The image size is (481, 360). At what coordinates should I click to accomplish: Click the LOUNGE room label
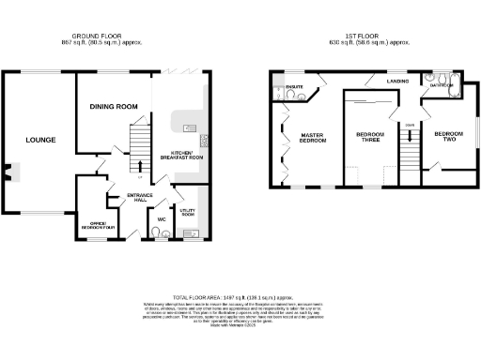click(40, 141)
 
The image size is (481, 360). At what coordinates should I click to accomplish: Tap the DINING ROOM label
click(114, 107)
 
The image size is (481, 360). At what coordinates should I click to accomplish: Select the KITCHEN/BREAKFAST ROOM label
click(183, 157)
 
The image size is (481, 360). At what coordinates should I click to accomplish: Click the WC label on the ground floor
click(161, 220)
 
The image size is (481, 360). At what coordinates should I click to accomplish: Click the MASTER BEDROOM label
click(312, 138)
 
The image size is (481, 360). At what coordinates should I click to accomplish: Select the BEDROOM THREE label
click(369, 138)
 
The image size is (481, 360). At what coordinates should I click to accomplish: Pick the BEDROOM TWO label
click(448, 135)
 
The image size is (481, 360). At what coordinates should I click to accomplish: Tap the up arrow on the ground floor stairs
click(140, 165)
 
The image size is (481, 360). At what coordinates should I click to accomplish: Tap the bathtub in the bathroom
click(442, 89)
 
